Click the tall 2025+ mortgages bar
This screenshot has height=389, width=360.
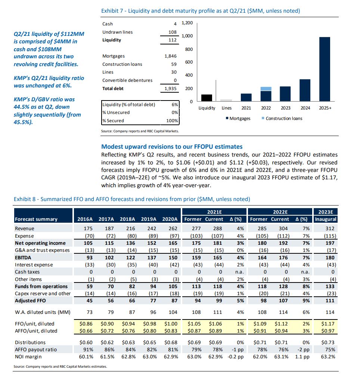point(325,69)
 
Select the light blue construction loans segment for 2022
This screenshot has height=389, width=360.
point(266,89)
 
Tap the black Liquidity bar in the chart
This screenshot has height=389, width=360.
point(207,98)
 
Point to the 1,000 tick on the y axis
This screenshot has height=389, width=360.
point(187,36)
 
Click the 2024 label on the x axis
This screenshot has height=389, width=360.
point(305,108)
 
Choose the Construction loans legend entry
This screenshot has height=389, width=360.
point(282,118)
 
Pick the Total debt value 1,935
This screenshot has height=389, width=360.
point(171,89)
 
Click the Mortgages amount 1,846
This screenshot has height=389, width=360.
point(171,56)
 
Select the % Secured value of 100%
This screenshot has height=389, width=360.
point(172,121)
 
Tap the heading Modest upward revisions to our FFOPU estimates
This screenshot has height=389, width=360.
point(172,146)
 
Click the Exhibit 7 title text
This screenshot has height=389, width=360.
point(201,11)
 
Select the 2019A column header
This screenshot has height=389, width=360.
point(149,219)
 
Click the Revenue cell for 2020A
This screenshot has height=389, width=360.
point(173,228)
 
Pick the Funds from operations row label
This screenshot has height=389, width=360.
point(41,286)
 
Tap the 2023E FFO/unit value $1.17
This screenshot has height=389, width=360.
point(328,324)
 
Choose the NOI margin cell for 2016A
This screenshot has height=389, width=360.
point(86,357)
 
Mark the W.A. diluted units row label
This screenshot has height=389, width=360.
point(43,312)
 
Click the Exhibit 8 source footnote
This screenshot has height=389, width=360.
point(60,367)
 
